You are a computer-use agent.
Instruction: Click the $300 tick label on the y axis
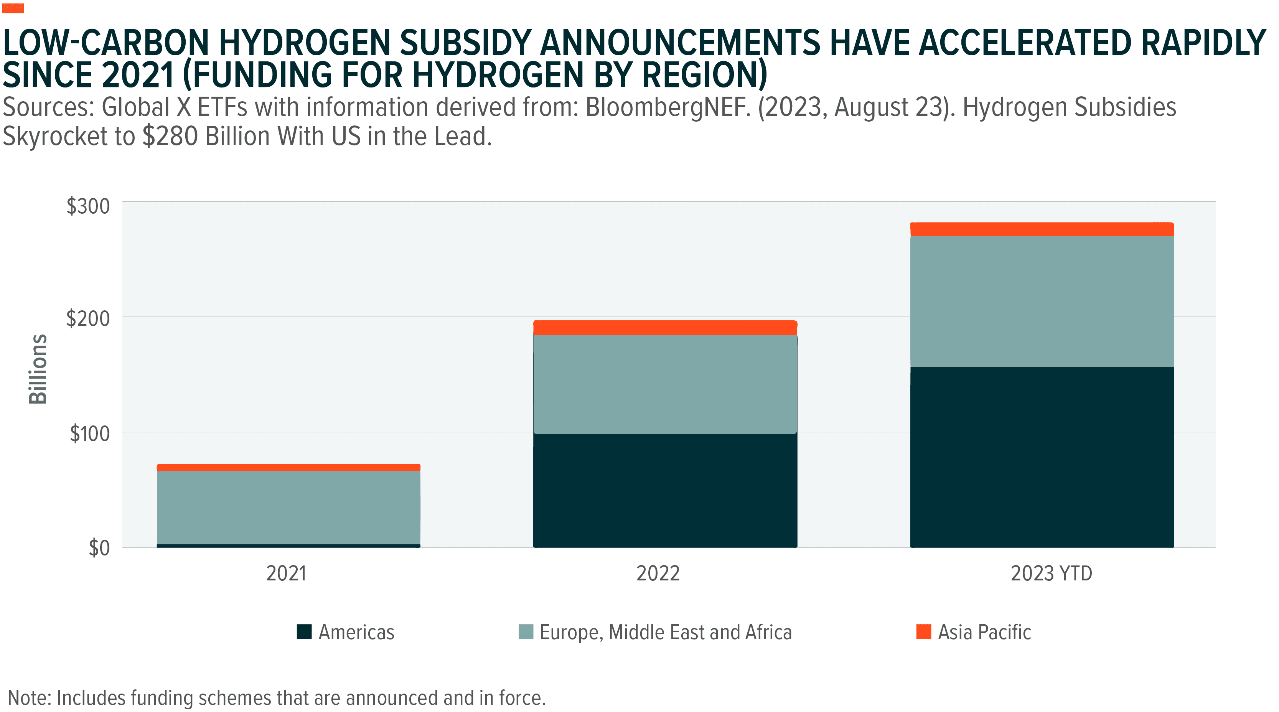tap(88, 206)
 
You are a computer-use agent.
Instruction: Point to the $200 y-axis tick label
tap(88, 318)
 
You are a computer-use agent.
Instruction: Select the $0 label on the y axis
tap(99, 548)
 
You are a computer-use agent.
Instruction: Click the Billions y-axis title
tap(38, 369)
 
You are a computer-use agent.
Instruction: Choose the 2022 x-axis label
tap(658, 574)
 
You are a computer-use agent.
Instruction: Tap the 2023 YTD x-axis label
tap(1051, 574)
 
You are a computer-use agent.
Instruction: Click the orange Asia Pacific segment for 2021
tap(288, 468)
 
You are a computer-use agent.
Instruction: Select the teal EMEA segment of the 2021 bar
tap(288, 507)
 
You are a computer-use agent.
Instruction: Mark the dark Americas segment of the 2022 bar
tap(665, 491)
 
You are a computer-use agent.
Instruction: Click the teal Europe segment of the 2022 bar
tap(665, 384)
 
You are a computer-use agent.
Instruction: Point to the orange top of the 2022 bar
tap(665, 328)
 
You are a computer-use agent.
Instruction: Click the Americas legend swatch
tap(304, 632)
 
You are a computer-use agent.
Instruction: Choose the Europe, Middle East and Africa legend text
tap(665, 633)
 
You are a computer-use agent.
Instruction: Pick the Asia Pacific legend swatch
tap(923, 632)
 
